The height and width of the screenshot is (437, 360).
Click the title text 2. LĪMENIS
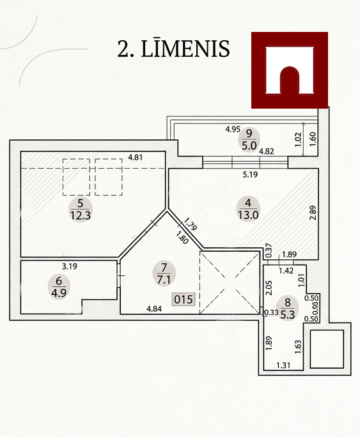pyautogui.click(x=173, y=49)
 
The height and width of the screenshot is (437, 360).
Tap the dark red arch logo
pyautogui.click(x=290, y=70)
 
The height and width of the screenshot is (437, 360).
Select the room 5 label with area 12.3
pyautogui.click(x=81, y=210)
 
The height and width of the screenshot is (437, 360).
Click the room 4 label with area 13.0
pyautogui.click(x=248, y=209)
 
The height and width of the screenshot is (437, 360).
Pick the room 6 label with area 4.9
pyautogui.click(x=59, y=287)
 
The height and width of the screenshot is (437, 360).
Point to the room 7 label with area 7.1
pyautogui.click(x=164, y=273)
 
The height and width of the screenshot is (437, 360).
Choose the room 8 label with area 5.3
pyautogui.click(x=288, y=308)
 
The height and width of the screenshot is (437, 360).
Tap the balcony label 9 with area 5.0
pyautogui.click(x=249, y=139)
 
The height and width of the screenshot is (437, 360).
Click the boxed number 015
pyautogui.click(x=184, y=300)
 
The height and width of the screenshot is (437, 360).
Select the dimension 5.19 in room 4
pyautogui.click(x=250, y=175)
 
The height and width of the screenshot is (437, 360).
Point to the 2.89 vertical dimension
pyautogui.click(x=313, y=213)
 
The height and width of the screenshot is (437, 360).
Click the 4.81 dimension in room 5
pyautogui.click(x=136, y=157)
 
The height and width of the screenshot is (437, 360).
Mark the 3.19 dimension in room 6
pyautogui.click(x=70, y=266)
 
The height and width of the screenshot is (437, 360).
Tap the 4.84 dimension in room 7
pyautogui.click(x=154, y=309)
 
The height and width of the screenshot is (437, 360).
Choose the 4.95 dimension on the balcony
pyautogui.click(x=233, y=129)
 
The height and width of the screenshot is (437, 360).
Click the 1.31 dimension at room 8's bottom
pyautogui.click(x=283, y=365)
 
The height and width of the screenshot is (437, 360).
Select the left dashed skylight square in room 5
pyautogui.click(x=76, y=177)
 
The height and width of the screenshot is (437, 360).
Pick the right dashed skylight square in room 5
pyautogui.click(x=109, y=177)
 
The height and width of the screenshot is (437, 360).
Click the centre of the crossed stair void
pyautogui.click(x=230, y=282)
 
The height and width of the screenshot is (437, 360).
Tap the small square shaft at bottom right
pyautogui.click(x=327, y=349)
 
